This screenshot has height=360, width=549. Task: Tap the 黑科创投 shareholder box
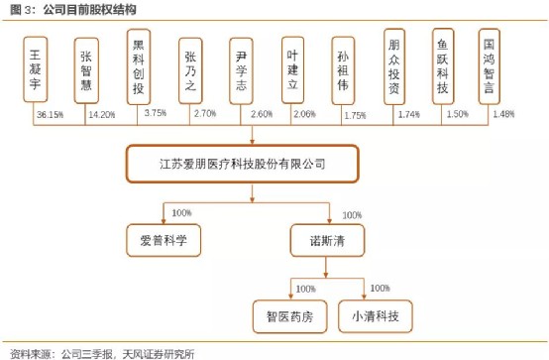(x=139, y=66)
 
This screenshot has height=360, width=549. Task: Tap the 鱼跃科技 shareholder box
(x=443, y=66)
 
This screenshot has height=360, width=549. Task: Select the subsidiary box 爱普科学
(x=164, y=239)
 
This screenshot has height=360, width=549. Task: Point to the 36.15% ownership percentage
(x=50, y=115)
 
